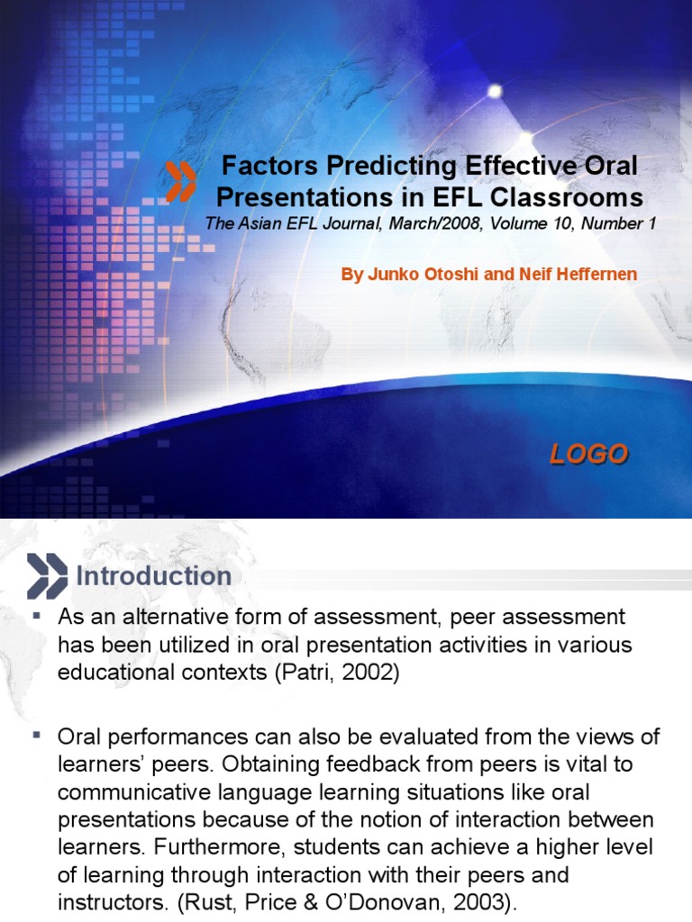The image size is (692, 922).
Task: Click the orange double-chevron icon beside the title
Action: (x=181, y=180)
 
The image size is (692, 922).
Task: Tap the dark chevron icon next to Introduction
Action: (x=47, y=576)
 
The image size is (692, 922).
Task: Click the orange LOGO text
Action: (x=589, y=455)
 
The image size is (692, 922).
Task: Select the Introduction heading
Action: (x=153, y=576)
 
